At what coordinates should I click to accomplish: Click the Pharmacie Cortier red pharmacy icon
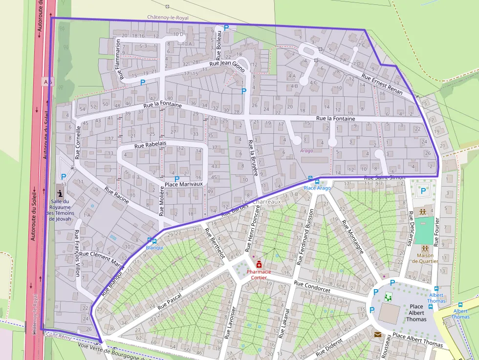(259, 264)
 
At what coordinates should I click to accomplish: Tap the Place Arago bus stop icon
(310, 181)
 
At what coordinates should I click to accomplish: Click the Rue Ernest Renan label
(382, 84)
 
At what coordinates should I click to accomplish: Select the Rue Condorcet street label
(312, 287)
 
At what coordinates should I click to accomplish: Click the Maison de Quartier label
(424, 258)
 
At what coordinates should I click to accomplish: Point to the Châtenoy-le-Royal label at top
(168, 17)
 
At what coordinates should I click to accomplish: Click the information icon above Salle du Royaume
(60, 193)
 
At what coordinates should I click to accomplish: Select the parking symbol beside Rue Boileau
(226, 28)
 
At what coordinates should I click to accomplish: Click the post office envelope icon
(378, 335)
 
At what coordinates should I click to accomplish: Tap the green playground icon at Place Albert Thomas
(389, 296)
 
